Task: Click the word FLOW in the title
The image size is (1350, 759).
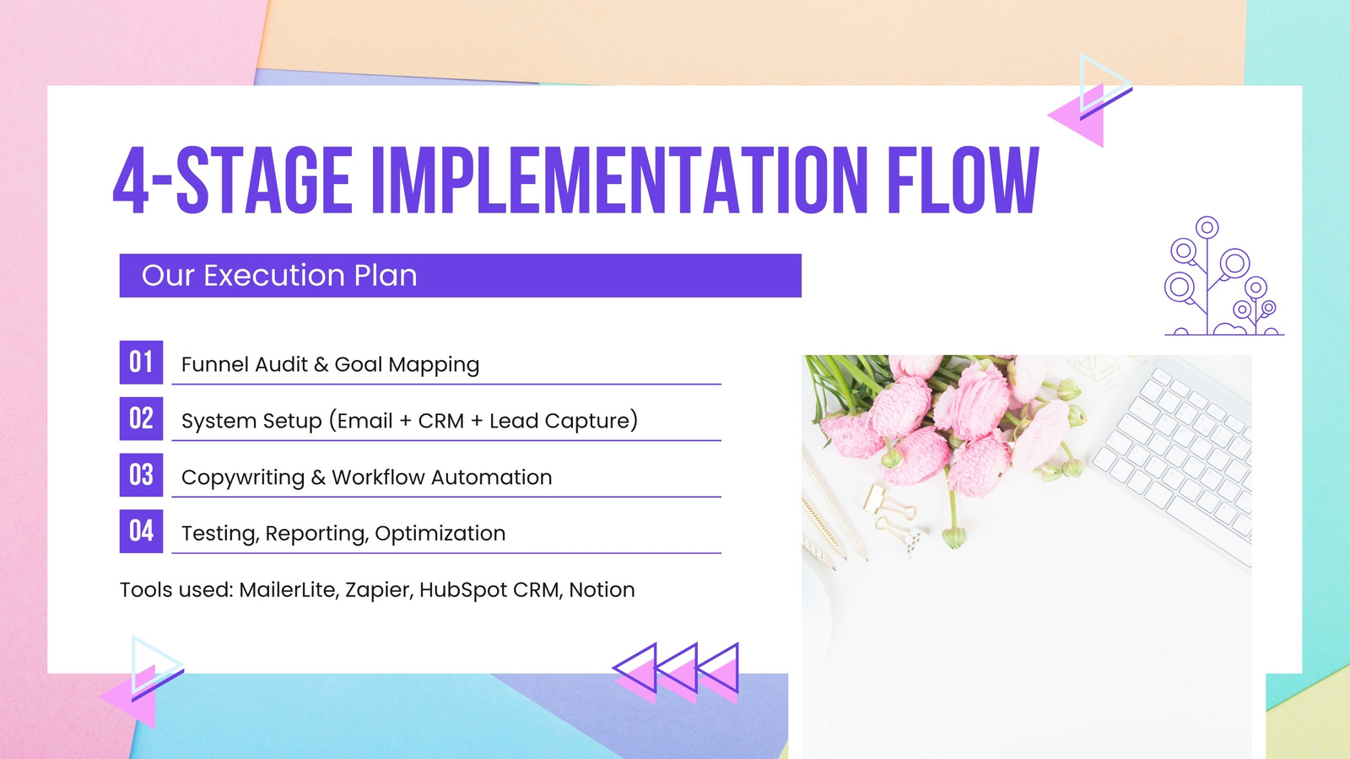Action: pos(963,180)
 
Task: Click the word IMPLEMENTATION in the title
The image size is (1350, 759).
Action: pos(619,180)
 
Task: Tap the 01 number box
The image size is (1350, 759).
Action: pos(141,362)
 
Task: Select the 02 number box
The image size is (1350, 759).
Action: pos(141,418)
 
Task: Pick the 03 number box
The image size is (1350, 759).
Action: pos(141,475)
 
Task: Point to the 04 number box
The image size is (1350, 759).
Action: pos(141,531)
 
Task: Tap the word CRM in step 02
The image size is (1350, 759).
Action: pos(441,421)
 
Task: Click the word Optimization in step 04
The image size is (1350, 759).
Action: pos(440,534)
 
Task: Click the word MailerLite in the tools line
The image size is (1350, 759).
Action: pos(288,589)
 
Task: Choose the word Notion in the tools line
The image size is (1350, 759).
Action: pos(602,589)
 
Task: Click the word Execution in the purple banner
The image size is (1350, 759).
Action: pos(274,275)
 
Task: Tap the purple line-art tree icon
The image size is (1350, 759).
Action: pos(1223,275)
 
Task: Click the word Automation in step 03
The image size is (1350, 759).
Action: pos(492,477)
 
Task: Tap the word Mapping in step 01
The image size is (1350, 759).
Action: pos(434,365)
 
